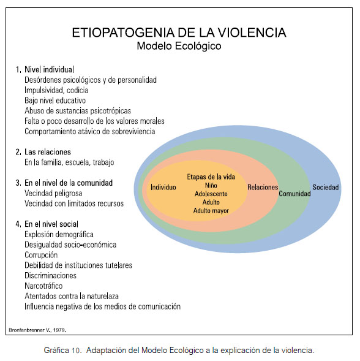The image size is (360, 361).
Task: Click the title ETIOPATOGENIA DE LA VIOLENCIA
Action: click(x=179, y=32)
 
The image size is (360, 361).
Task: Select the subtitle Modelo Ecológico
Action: click(x=179, y=46)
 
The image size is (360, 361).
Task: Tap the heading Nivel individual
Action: click(x=49, y=69)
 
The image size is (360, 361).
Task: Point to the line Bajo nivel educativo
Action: click(x=55, y=101)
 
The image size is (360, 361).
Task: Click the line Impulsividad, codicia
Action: click(x=56, y=90)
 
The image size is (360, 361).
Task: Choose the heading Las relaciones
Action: click(x=48, y=152)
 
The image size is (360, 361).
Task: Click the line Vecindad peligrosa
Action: click(x=53, y=193)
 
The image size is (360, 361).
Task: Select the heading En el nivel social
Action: click(x=51, y=224)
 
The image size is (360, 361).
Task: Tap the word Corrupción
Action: click(x=41, y=255)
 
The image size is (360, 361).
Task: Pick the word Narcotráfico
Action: click(x=43, y=286)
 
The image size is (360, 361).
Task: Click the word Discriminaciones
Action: click(x=50, y=276)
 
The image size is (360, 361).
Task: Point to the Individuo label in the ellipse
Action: click(x=163, y=187)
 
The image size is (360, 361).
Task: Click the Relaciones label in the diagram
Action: click(x=263, y=187)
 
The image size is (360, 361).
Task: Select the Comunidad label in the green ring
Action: click(x=294, y=194)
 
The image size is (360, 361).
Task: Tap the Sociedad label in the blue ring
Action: click(x=326, y=187)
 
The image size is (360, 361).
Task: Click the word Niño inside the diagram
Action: click(x=211, y=185)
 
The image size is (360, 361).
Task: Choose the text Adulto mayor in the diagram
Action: click(x=211, y=211)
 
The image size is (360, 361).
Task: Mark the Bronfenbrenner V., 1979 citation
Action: click(x=37, y=330)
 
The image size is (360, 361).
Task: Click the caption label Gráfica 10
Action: click(x=62, y=350)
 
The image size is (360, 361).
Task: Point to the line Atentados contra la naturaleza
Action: click(x=72, y=296)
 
